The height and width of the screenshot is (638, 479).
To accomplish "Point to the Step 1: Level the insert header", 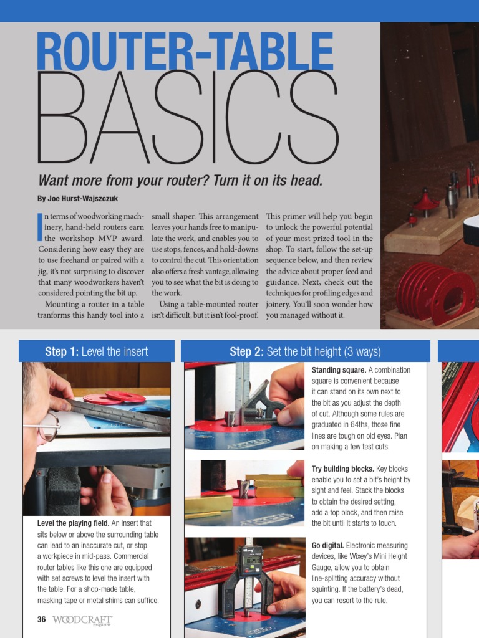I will (x=97, y=351).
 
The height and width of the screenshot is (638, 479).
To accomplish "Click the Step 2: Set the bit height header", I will (x=305, y=351).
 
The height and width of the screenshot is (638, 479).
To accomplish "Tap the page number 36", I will (x=42, y=619).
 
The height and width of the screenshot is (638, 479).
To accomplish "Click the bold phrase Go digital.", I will (x=327, y=545).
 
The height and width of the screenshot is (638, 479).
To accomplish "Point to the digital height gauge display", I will (x=253, y=559).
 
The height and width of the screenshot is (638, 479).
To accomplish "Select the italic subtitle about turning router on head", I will (x=181, y=181).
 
